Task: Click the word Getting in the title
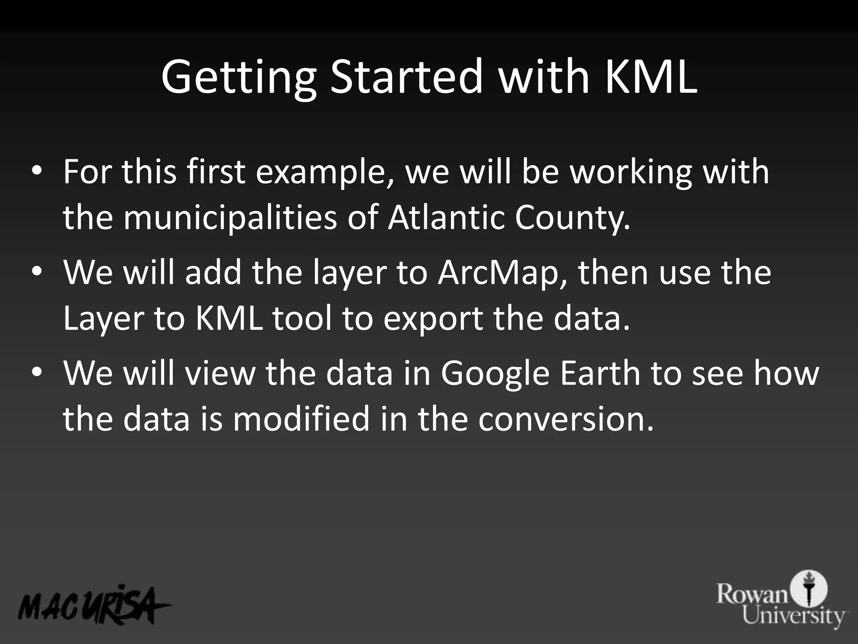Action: (x=238, y=78)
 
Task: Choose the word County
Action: (x=572, y=218)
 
